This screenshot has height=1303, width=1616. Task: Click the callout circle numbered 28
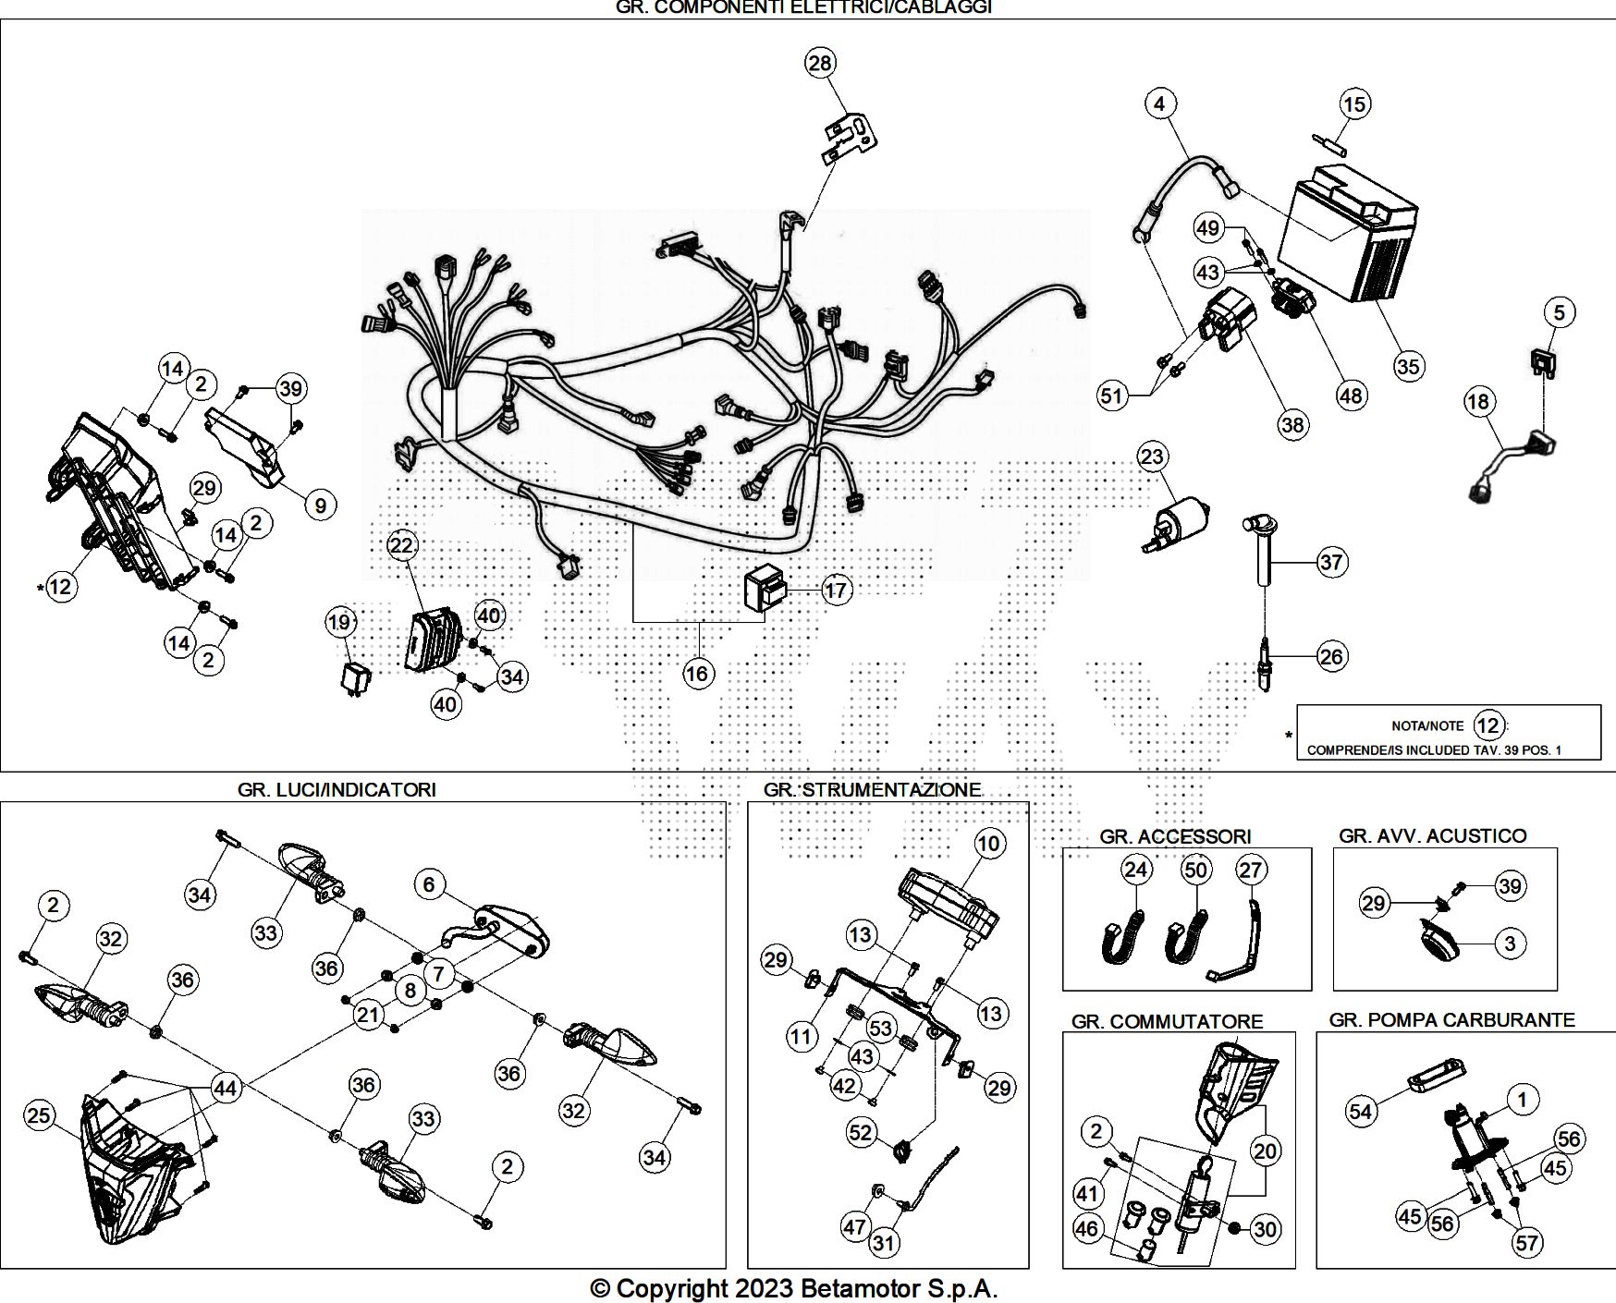(x=820, y=63)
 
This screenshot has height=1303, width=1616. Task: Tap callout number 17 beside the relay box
(x=836, y=590)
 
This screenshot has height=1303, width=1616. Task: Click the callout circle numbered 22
(x=402, y=545)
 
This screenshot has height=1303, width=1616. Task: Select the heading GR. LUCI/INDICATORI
(x=337, y=789)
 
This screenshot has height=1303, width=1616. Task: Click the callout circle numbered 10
(x=989, y=843)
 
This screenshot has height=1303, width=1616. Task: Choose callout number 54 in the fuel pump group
(x=1360, y=1111)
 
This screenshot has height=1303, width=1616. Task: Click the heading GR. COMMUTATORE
(x=1167, y=1021)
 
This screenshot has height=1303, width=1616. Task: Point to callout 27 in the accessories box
(x=1251, y=870)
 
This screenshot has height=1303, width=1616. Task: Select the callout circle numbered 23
(x=1152, y=457)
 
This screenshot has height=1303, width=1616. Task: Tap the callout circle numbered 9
(x=320, y=505)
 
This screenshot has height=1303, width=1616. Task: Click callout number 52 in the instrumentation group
(x=861, y=1132)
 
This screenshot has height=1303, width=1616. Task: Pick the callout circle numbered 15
(x=1354, y=104)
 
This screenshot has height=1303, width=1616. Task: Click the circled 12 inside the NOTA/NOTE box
(x=1488, y=725)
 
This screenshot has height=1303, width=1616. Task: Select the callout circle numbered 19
(x=340, y=622)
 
